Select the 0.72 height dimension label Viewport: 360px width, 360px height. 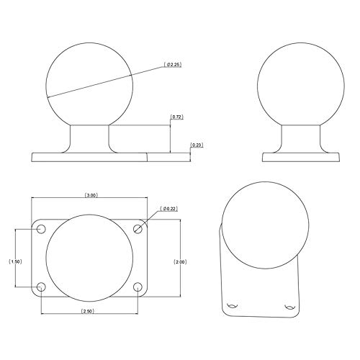pyautogui.click(x=177, y=116)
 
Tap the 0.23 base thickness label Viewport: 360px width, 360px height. pyautogui.click(x=197, y=145)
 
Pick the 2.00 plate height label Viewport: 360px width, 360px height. pyautogui.click(x=180, y=262)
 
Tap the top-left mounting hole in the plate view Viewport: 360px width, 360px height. pyautogui.click(x=41, y=229)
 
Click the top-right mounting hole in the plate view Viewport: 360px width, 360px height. pyautogui.click(x=138, y=229)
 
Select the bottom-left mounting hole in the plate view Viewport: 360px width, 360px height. pyautogui.click(x=41, y=287)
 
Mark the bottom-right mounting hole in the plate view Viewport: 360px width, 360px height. pyautogui.click(x=138, y=287)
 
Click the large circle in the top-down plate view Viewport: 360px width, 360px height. pyautogui.click(x=90, y=258)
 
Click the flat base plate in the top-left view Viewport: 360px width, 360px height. pyautogui.click(x=90, y=156)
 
